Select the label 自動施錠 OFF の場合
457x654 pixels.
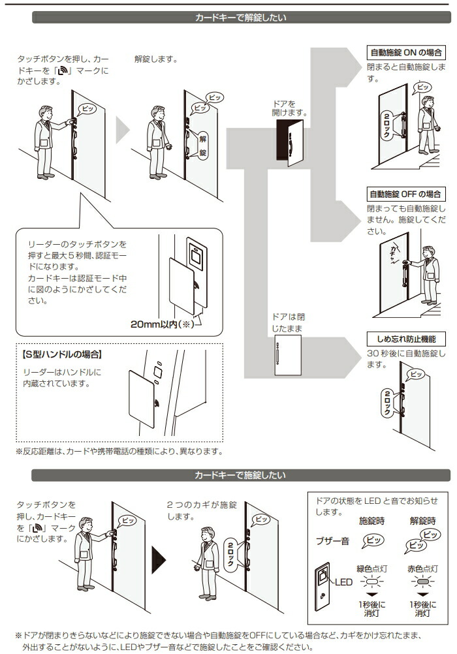pyautogui.click(x=406, y=194)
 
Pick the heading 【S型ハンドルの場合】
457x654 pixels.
pyautogui.click(x=62, y=356)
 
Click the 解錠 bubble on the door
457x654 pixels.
pyautogui.click(x=202, y=146)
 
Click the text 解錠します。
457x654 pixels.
pyautogui.click(x=156, y=59)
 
